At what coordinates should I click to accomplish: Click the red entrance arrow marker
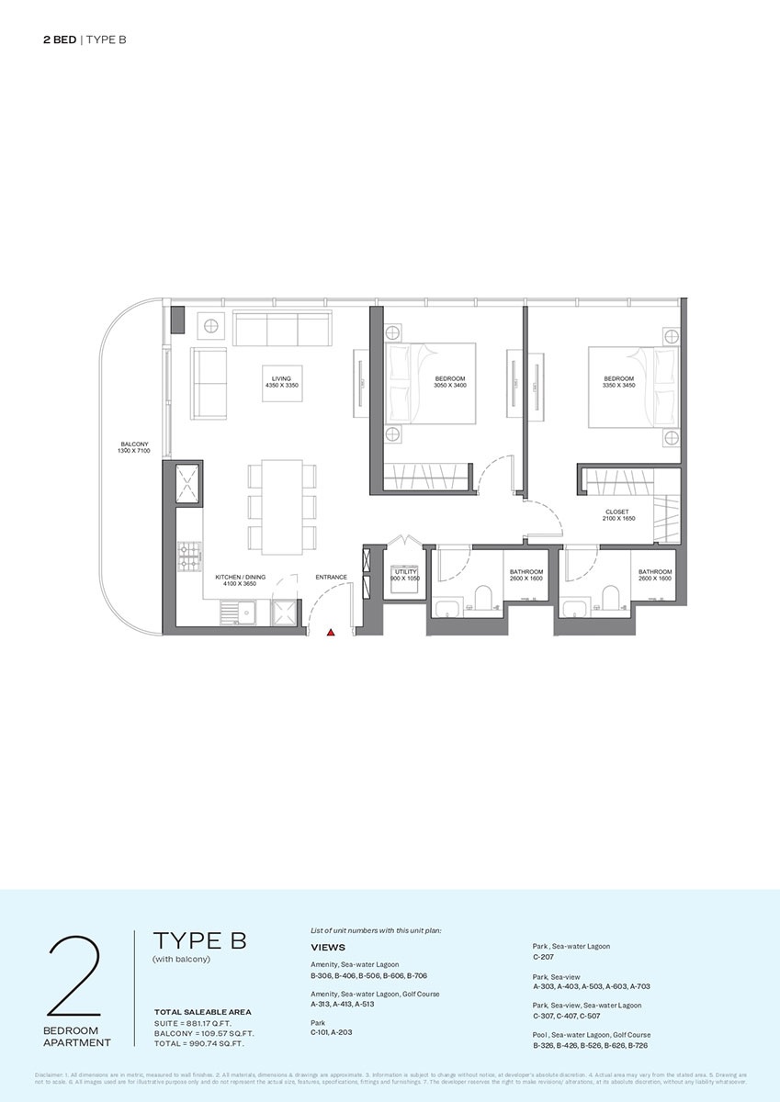(332, 632)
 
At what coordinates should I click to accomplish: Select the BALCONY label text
(133, 444)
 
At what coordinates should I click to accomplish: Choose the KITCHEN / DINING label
(241, 578)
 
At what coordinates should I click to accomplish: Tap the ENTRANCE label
(331, 578)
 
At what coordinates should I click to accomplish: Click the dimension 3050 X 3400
(450, 386)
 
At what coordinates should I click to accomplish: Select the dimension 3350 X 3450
(618, 386)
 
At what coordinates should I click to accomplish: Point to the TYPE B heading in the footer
(199, 940)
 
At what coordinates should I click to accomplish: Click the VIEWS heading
(328, 946)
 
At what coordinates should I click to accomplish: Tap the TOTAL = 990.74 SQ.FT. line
(204, 1044)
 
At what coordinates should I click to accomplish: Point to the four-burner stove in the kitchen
(189, 556)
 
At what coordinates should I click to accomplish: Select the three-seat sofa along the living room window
(282, 327)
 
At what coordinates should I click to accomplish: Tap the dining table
(280, 507)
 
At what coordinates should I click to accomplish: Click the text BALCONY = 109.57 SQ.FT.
(204, 1033)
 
